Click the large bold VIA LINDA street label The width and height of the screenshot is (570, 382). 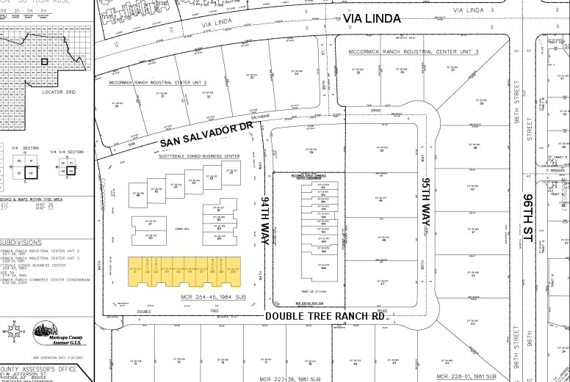pos(372,18)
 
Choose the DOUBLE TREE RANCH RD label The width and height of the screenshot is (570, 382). pos(325,316)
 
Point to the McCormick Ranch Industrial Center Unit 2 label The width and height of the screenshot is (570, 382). pos(158,83)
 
